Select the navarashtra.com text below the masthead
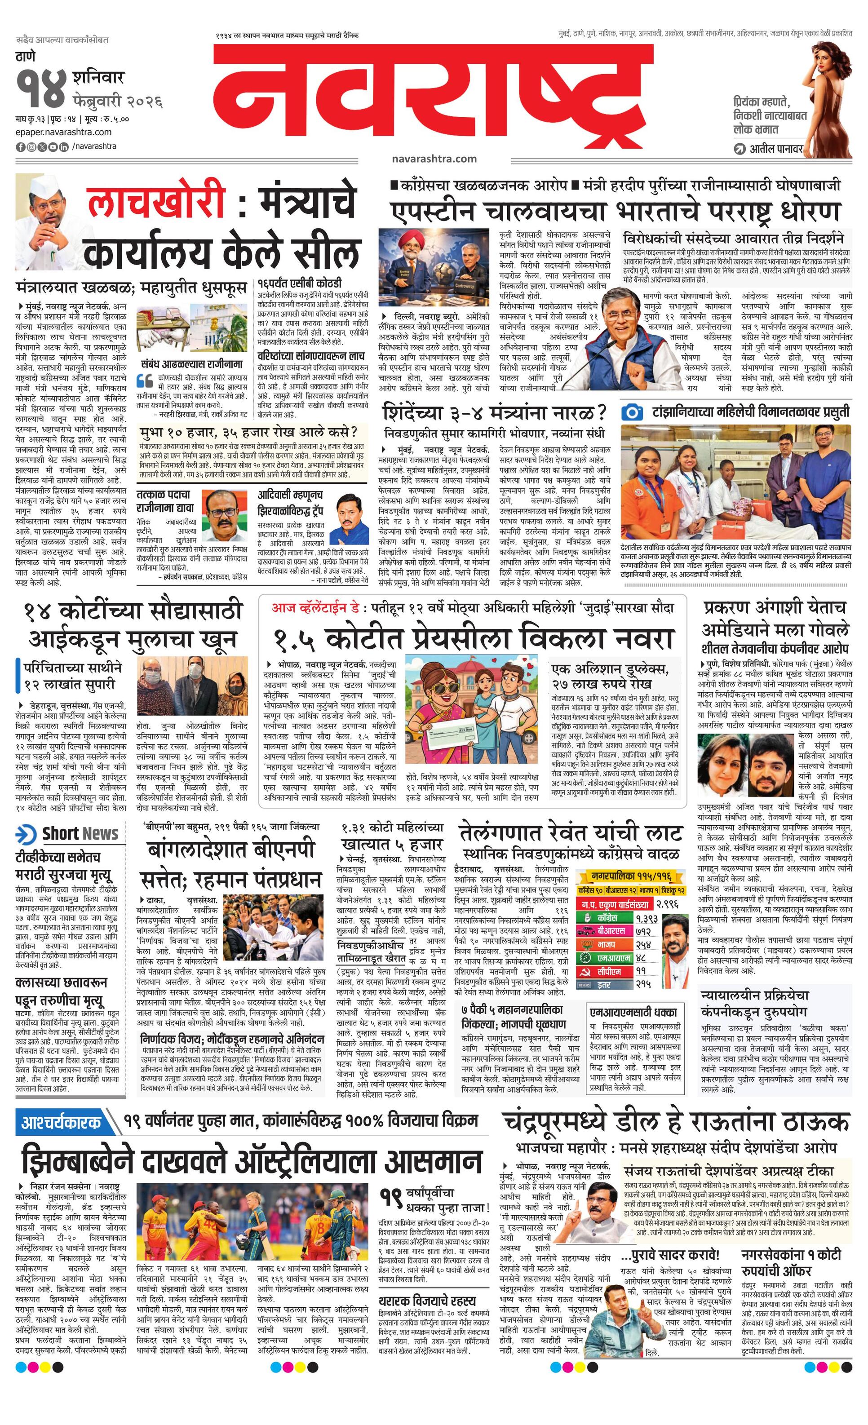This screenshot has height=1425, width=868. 434,159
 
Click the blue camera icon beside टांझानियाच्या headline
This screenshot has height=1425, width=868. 633,412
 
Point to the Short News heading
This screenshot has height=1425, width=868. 80,833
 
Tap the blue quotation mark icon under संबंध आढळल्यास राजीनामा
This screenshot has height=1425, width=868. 145,380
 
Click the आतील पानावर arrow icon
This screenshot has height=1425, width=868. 740,149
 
